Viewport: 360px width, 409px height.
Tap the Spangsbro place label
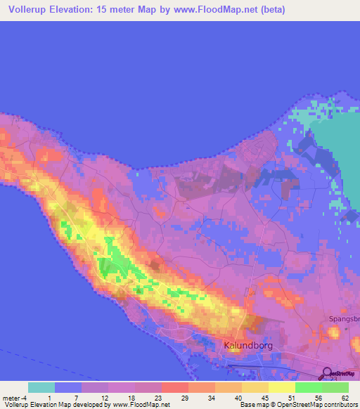[344, 318]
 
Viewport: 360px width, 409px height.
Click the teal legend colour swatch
[41, 387]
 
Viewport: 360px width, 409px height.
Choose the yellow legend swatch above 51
[282, 387]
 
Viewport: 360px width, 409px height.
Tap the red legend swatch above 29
[175, 387]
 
